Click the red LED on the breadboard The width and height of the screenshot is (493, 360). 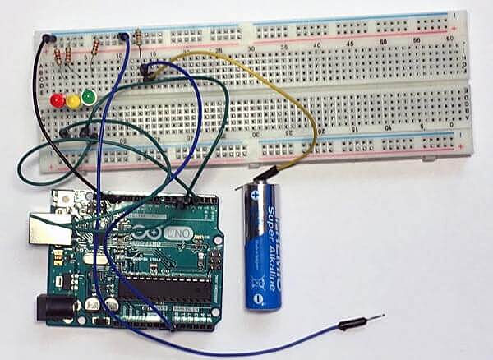pyautogui.click(x=57, y=100)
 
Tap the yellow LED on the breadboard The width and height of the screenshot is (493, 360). pyautogui.click(x=73, y=100)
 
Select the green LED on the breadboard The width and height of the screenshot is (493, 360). pyautogui.click(x=88, y=98)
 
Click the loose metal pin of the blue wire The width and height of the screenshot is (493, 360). pyautogui.click(x=374, y=317)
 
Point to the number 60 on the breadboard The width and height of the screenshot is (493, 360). pyautogui.click(x=449, y=39)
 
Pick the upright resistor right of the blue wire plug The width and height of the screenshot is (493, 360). pyautogui.click(x=137, y=36)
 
